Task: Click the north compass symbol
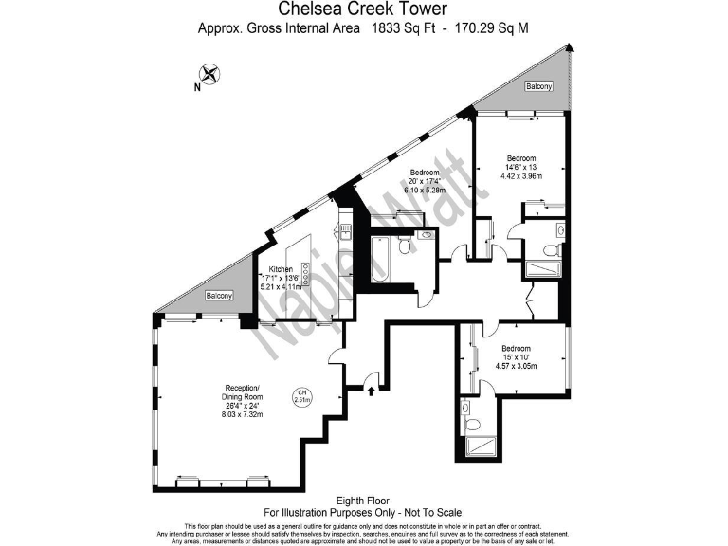[209, 73]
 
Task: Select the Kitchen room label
[280, 268]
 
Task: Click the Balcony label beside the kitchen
[219, 297]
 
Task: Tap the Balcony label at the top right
[539, 86]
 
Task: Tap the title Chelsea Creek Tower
[363, 10]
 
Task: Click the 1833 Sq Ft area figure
[400, 28]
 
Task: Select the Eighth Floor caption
[363, 500]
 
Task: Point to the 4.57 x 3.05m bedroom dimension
[517, 366]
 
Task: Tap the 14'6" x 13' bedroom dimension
[520, 168]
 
